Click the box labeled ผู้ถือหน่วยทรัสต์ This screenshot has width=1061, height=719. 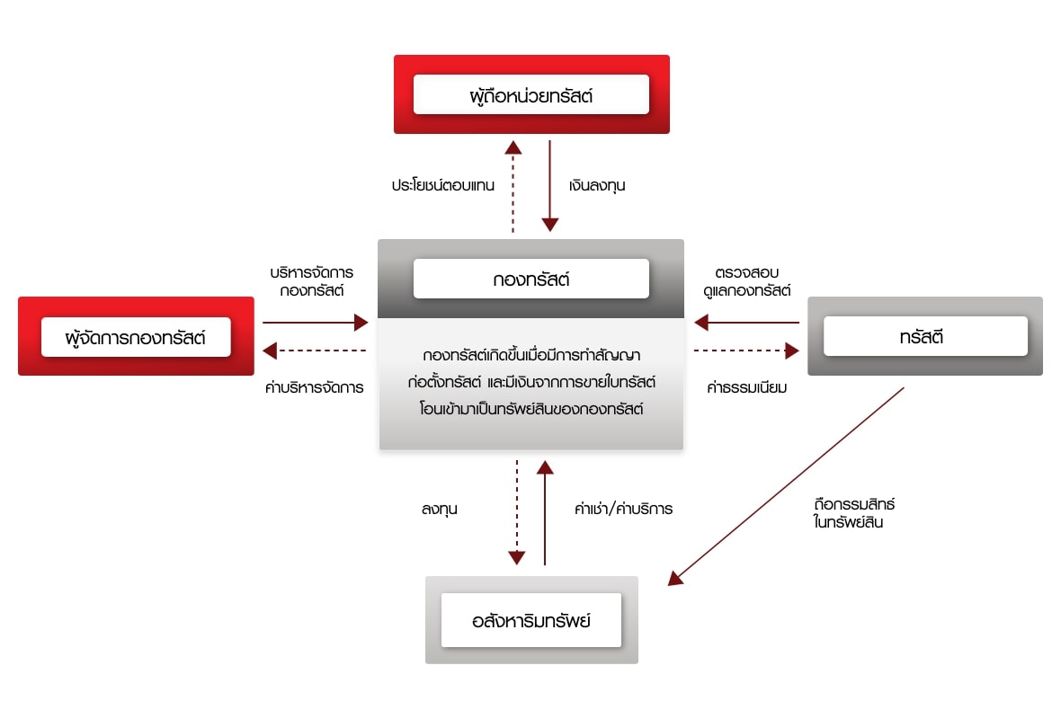[x=530, y=94]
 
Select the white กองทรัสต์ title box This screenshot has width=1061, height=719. [x=530, y=279]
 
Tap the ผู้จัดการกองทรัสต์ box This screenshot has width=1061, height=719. [x=136, y=338]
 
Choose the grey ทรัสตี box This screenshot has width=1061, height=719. [x=925, y=337]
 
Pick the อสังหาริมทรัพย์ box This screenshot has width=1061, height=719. [x=530, y=620]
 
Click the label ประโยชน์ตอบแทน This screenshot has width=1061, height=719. [x=443, y=186]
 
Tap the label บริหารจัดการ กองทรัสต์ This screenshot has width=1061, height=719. [x=311, y=280]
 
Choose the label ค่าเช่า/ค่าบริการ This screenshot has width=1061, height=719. [x=623, y=509]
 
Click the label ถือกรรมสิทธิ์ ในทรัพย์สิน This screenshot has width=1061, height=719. [x=852, y=512]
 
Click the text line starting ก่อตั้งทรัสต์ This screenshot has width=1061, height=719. [x=530, y=382]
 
